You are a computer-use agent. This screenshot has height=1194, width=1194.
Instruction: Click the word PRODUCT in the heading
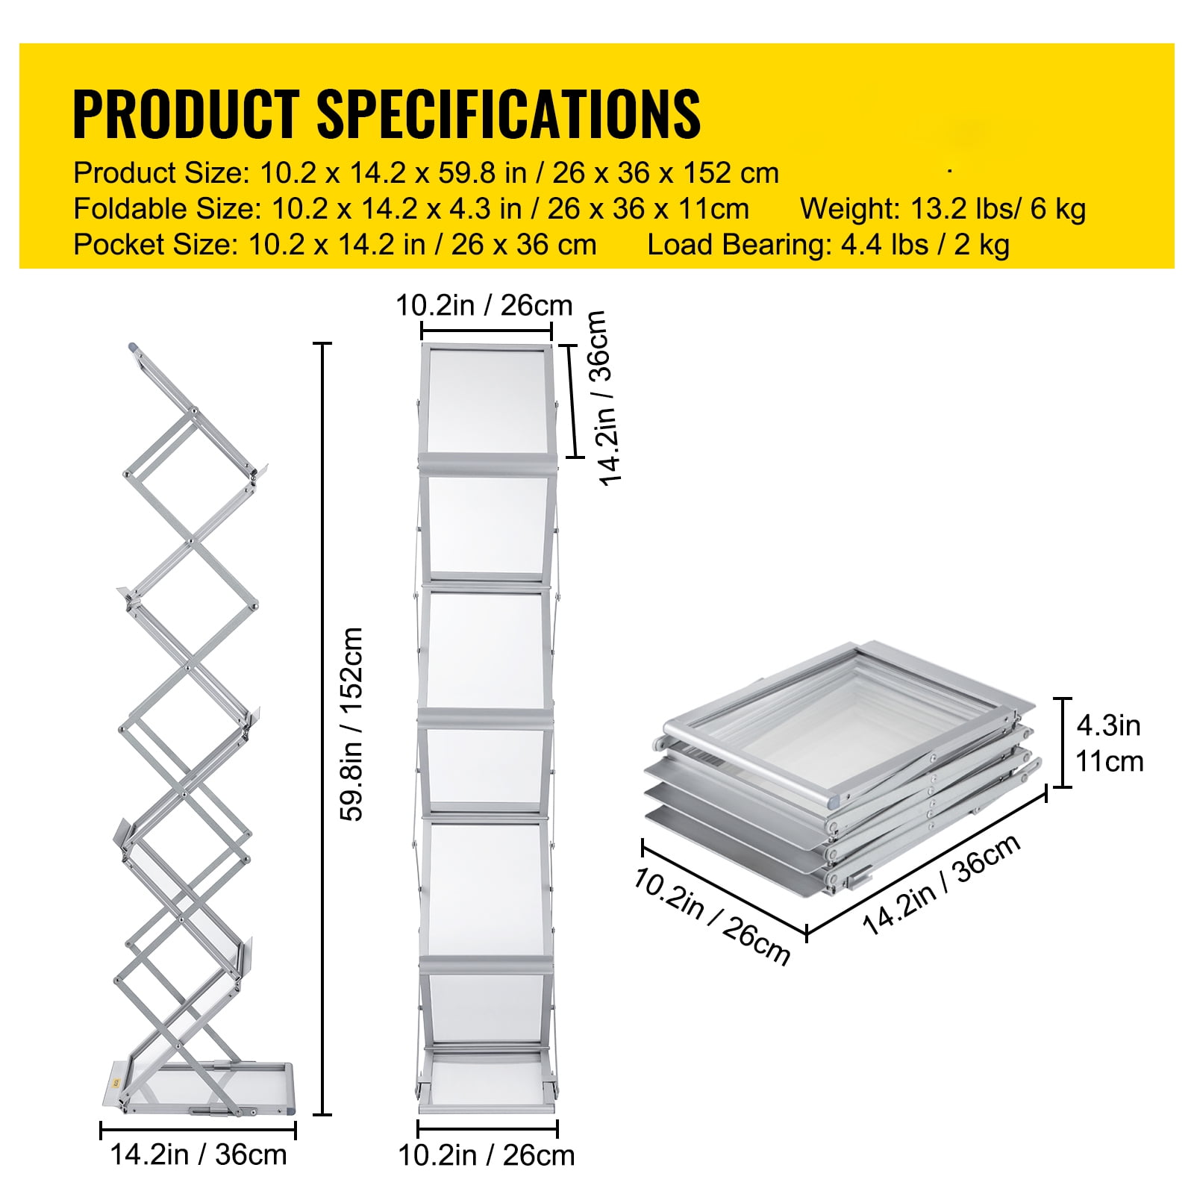click(186, 113)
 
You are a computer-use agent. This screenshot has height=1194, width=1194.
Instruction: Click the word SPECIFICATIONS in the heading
click(509, 113)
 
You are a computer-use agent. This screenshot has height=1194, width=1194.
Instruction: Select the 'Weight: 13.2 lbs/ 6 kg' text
click(943, 210)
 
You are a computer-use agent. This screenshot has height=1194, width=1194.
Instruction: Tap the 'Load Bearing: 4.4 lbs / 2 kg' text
click(828, 245)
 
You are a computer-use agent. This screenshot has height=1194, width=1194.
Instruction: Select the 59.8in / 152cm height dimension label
click(351, 724)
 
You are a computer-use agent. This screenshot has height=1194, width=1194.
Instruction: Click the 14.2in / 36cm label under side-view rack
click(199, 1154)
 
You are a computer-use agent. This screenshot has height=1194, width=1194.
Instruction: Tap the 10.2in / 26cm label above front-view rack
click(484, 305)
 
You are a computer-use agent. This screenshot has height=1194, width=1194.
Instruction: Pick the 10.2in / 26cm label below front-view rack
click(487, 1155)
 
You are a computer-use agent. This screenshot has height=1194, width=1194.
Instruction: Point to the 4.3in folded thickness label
click(1108, 725)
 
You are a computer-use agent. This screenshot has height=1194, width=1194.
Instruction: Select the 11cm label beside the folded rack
click(1109, 762)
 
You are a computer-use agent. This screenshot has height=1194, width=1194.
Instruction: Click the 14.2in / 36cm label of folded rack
click(942, 885)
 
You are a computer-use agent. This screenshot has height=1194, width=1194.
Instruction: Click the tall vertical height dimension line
click(322, 729)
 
